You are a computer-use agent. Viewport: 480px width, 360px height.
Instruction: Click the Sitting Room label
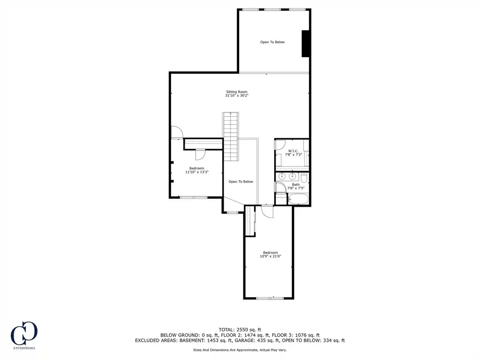pos(237,92)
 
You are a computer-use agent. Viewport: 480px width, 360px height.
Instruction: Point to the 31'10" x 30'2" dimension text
pos(237,96)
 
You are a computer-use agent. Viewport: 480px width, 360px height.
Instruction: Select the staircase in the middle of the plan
pos(231,136)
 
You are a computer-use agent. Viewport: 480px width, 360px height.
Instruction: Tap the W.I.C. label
pos(293,151)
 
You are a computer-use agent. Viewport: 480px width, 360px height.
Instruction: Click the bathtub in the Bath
pos(298,199)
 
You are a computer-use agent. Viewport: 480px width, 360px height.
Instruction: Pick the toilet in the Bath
pos(304,178)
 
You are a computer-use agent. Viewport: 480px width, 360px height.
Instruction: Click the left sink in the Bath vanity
pos(282,176)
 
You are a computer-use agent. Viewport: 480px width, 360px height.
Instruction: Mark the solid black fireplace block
pos(306,44)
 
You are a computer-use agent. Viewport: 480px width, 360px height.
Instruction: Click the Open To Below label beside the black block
pos(272,42)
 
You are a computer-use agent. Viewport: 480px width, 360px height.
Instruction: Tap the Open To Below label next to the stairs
pos(241,181)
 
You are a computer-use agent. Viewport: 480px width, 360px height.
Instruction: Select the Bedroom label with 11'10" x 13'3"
pos(196,168)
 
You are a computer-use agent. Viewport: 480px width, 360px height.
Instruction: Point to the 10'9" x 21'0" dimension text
pos(270,256)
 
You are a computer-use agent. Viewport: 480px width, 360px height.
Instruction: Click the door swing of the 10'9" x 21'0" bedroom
pos(267,211)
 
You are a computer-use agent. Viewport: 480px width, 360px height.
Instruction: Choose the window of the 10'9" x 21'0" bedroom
pos(270,298)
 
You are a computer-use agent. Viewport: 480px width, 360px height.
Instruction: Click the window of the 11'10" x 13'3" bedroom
pos(194,197)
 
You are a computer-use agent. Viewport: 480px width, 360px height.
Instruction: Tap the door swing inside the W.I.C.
pos(280,144)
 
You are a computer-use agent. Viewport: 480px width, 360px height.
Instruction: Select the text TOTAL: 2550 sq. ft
pos(240,330)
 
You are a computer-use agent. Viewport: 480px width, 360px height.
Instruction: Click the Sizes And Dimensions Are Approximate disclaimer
pos(240,350)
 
